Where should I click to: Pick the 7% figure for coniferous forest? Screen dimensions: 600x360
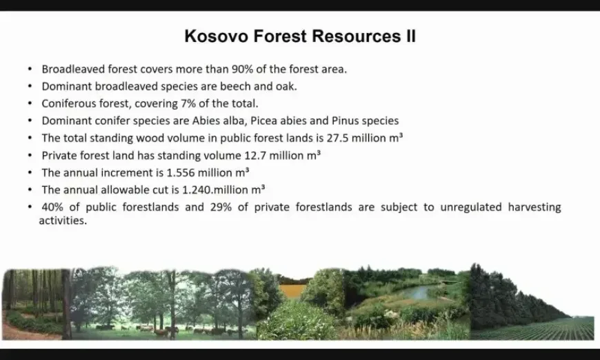coord(188,103)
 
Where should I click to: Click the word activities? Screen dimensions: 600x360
coord(63,221)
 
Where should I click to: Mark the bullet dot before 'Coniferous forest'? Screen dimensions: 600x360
coord(30,103)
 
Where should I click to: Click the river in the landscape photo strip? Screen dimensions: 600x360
coord(419,292)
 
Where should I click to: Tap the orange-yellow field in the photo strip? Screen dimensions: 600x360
coord(292,292)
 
